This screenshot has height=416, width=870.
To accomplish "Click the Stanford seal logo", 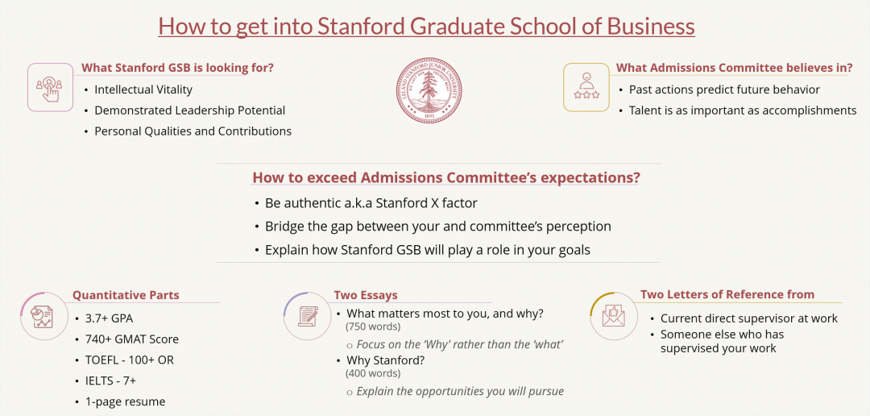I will (x=429, y=89).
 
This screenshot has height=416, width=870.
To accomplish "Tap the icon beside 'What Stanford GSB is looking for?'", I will (x=50, y=87).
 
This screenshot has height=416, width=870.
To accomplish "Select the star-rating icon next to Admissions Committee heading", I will (x=586, y=87).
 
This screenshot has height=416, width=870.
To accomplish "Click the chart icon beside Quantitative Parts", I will (x=43, y=314).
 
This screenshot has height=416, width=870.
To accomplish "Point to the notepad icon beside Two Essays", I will (x=307, y=315).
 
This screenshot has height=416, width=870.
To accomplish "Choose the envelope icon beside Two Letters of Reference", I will (x=614, y=315).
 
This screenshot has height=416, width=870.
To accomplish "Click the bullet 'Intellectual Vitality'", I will (x=143, y=89).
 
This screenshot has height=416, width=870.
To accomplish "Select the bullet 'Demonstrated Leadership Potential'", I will (x=189, y=110).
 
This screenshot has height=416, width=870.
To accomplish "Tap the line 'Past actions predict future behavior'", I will (x=724, y=89).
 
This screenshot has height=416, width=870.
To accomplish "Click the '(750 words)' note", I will (x=373, y=327).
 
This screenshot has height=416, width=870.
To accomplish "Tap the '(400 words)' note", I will (x=373, y=373).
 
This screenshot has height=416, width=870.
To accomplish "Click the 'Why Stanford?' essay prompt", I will (x=385, y=360).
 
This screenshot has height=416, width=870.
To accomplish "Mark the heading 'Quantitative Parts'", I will (x=126, y=295).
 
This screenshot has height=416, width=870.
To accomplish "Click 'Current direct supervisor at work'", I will (x=748, y=318).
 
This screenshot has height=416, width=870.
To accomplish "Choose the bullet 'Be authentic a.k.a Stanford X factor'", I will (x=371, y=203).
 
